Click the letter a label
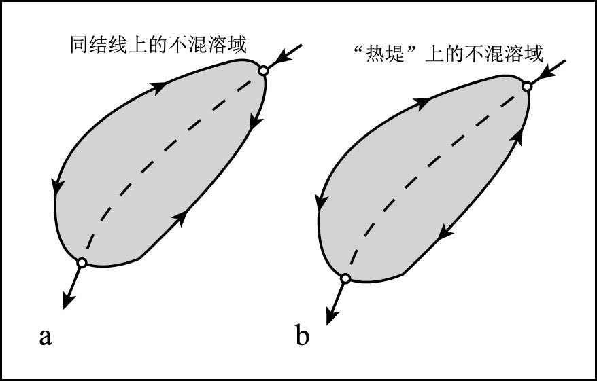(x=45, y=336)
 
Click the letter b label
(x=302, y=335)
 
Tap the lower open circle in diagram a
(x=82, y=262)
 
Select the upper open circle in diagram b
(x=526, y=86)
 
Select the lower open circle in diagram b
(x=345, y=278)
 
